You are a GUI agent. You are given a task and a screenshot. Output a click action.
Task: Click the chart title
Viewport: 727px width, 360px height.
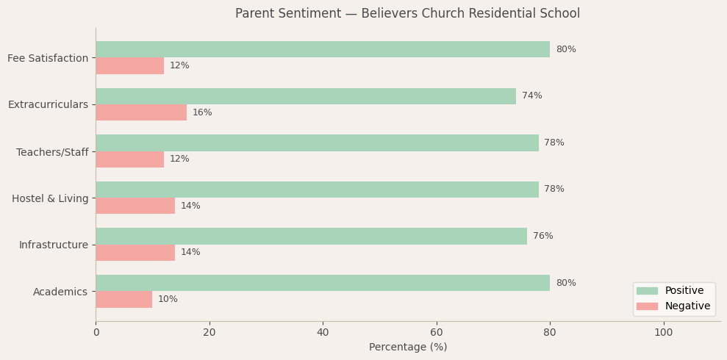point(407,14)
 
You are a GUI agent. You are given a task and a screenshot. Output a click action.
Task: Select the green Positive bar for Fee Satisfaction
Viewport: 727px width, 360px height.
point(323,49)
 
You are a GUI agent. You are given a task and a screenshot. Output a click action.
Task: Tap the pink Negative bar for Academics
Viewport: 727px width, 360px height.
point(123,299)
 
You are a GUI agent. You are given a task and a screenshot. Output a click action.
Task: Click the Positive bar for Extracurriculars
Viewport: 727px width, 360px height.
point(306,96)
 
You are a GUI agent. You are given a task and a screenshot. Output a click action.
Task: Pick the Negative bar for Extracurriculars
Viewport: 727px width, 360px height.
point(141,112)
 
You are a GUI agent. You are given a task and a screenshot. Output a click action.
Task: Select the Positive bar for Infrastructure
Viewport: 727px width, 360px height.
point(311,236)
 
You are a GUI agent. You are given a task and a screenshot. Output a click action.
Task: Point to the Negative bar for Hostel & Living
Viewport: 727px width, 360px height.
point(135,206)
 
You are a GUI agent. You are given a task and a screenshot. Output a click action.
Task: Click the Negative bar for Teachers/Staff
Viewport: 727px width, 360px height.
point(129,159)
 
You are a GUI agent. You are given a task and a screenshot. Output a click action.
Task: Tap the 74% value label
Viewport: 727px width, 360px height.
point(531,96)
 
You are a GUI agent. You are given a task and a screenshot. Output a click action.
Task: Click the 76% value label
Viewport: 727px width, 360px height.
point(542,236)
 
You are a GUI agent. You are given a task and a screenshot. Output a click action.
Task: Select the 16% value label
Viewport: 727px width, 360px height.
point(202,112)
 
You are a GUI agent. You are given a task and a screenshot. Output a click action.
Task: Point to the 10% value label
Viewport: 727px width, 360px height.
point(168,299)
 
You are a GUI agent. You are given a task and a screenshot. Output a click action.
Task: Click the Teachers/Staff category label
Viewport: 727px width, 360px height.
point(52,152)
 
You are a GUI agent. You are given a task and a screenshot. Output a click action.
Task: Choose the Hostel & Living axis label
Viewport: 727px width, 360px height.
point(50,198)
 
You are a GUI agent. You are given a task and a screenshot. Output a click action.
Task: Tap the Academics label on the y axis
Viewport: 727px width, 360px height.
point(60,292)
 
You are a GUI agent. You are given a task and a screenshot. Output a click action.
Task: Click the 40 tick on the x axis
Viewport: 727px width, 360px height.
point(323,333)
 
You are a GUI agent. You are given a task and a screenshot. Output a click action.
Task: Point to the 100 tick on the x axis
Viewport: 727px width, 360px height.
point(663,333)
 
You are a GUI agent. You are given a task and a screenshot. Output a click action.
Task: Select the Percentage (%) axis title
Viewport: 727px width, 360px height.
point(407,348)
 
